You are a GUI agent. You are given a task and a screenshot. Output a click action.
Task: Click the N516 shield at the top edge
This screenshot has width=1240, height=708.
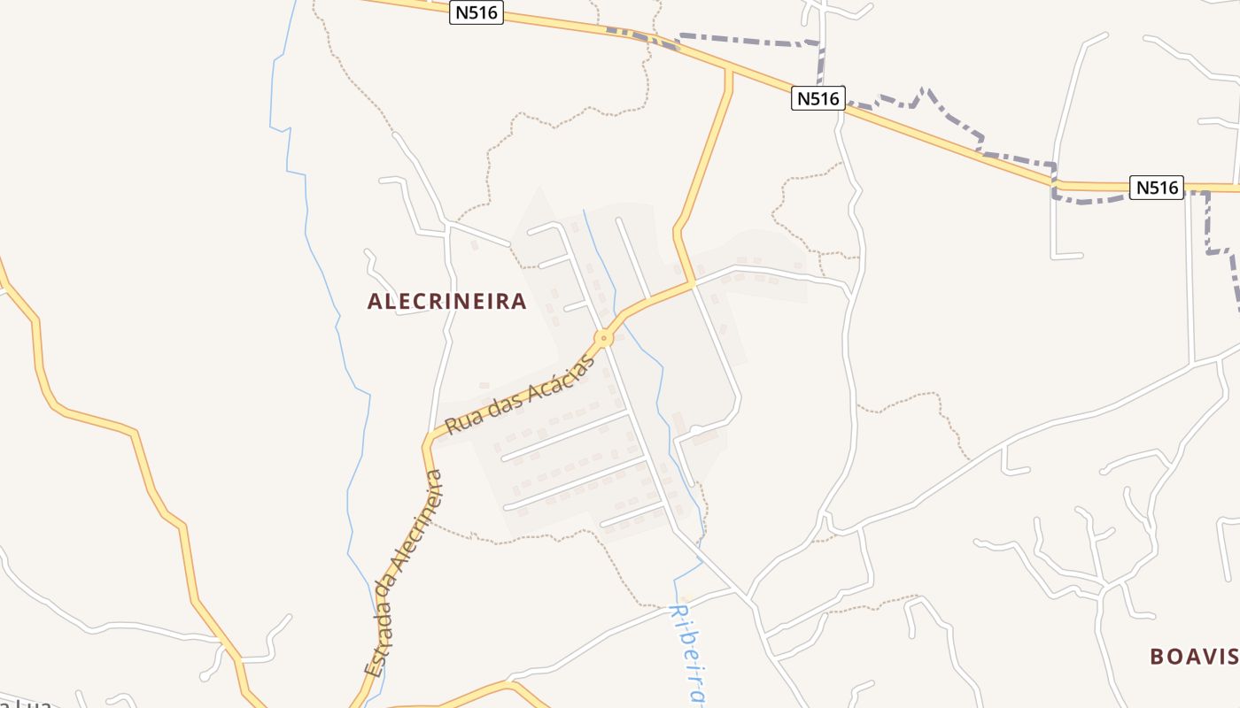point(477,13)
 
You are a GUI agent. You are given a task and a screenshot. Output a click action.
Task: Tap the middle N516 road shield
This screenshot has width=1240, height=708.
point(818,98)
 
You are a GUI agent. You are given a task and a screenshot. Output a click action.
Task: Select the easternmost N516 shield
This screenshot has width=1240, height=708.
point(1158,188)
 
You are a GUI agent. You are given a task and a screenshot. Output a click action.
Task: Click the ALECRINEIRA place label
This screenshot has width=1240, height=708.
point(447,302)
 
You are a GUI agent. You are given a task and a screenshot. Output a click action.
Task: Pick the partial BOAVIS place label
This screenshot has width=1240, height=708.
point(1194,657)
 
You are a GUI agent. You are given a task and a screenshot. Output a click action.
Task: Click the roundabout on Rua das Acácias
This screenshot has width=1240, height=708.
point(604,337)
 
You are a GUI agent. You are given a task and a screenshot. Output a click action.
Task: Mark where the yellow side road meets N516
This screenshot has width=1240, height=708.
point(729,68)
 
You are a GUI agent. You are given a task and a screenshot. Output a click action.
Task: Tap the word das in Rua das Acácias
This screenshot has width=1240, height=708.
point(500,404)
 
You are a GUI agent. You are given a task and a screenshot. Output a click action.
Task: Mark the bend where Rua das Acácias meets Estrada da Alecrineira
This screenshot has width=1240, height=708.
point(428,442)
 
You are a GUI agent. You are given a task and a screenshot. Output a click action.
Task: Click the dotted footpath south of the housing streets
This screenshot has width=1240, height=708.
point(567,533)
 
